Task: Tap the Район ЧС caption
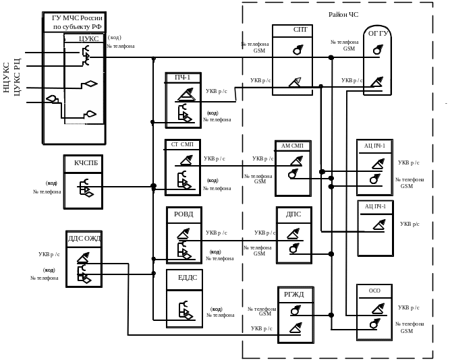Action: tap(343, 13)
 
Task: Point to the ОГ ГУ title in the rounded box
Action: tap(378, 32)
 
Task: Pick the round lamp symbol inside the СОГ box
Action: tap(297, 51)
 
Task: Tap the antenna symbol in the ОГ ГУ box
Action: tap(376, 82)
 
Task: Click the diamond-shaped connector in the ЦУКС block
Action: tap(88, 85)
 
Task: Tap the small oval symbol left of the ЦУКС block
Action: tap(51, 100)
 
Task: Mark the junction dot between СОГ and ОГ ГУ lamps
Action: tap(331, 57)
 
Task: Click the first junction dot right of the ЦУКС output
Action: tap(154, 58)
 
